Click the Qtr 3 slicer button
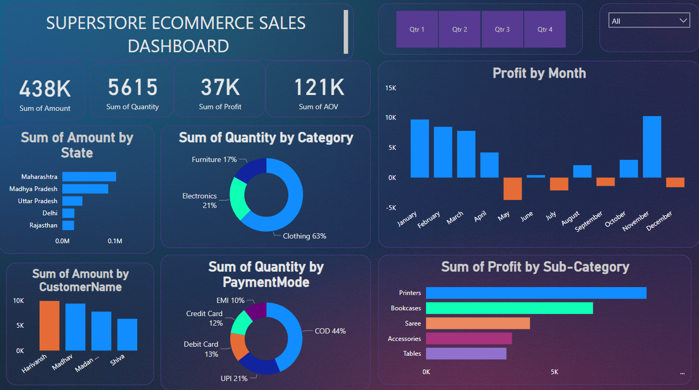tap(502, 30)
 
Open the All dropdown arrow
tap(684, 21)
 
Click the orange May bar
tap(512, 188)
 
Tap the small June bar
tap(536, 176)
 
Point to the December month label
tap(659, 221)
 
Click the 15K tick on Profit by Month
tap(390, 88)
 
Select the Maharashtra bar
tap(89, 177)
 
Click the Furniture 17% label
tap(214, 159)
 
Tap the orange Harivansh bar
tap(49, 326)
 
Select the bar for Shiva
tap(127, 335)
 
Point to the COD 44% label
tap(330, 331)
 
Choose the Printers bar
tap(536, 293)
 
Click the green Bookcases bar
tap(509, 308)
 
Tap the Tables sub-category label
tap(412, 354)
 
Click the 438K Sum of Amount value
tap(45, 89)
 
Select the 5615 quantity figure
tap(133, 87)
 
